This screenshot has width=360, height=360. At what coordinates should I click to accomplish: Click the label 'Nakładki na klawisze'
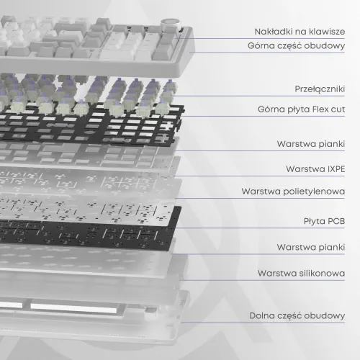click(x=300, y=32)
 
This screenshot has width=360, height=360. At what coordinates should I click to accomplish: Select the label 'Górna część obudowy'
click(x=297, y=45)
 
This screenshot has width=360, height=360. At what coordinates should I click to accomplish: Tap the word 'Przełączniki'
click(x=320, y=89)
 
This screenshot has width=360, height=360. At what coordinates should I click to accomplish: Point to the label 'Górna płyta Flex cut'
click(x=302, y=109)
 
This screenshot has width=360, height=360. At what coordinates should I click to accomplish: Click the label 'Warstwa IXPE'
click(x=315, y=169)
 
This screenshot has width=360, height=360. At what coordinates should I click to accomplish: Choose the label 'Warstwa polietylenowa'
click(x=293, y=192)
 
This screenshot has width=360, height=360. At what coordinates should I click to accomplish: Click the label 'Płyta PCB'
click(x=325, y=221)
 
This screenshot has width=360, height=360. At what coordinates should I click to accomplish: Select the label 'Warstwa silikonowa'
click(x=302, y=273)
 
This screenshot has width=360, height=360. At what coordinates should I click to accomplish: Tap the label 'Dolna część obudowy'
click(x=297, y=315)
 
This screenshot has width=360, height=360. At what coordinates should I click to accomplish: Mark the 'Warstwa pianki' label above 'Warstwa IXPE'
click(x=311, y=144)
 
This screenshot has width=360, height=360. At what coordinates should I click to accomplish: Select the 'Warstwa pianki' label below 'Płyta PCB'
click(x=311, y=247)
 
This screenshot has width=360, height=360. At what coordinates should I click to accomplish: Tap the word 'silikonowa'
click(x=322, y=273)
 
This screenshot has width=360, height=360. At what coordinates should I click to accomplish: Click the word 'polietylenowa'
click(x=315, y=192)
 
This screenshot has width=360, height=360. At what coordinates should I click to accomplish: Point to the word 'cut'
click(x=338, y=109)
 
